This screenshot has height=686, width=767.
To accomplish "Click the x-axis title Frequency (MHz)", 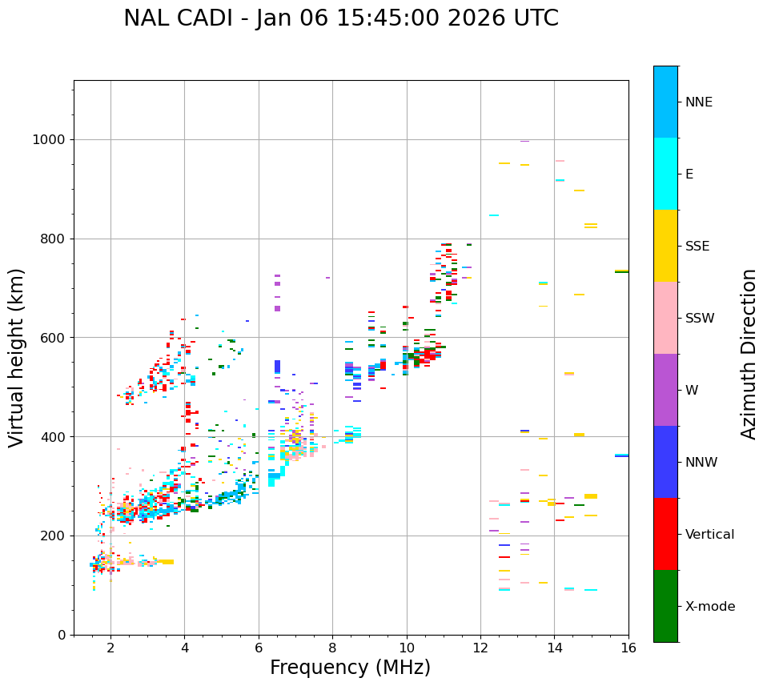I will coord(350,668).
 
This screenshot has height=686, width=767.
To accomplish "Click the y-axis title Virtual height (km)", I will coord(17,357).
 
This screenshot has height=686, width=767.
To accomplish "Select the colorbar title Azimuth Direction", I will coord(749,354).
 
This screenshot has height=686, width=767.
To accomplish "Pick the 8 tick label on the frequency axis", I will coord(332,647).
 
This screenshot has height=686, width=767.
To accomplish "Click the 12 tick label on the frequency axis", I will coord(480,647).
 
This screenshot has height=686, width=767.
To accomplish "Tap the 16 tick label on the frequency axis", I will coord(628,647).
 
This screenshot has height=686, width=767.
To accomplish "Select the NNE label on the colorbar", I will coord(698,102).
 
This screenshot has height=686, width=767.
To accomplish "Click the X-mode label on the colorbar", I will coord(710,607).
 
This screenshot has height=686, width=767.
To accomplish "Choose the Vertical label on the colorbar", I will coord(709,535).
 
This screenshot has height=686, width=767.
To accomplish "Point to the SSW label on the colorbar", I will coord(700,319).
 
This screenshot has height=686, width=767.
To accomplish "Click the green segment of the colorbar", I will coord(665,606).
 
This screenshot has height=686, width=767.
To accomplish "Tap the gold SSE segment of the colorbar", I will coord(665,246).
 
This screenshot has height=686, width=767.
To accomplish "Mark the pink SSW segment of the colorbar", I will coord(665,318).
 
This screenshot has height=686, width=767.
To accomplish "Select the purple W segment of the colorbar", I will coord(665,390).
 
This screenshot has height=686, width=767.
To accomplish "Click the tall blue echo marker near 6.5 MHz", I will coord(277,367).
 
